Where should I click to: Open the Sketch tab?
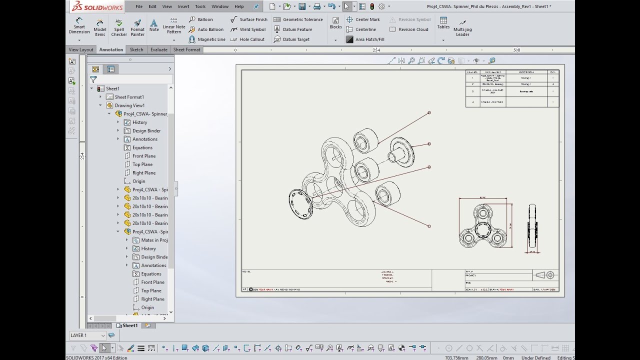pyautogui.click(x=136, y=49)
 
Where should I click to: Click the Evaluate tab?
pyautogui.click(x=159, y=49)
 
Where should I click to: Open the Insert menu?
pyautogui.click(x=183, y=6)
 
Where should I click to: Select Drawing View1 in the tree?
pyautogui.click(x=129, y=105)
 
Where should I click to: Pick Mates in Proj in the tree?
pyautogui.click(x=154, y=240)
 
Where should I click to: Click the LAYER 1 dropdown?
pyautogui.click(x=88, y=335)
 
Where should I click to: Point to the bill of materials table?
pyautogui.click(x=512, y=88)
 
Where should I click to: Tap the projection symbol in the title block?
pyautogui.click(x=545, y=275)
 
